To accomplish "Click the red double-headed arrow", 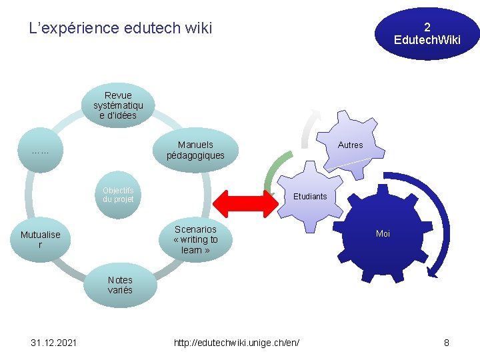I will coord(244,203).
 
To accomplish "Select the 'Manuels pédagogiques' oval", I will coord(195,150).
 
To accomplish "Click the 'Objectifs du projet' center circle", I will coord(119,195).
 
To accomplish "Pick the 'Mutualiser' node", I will coord(40,239).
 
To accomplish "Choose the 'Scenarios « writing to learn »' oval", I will coord(195,239).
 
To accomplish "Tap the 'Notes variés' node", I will coord(120,285).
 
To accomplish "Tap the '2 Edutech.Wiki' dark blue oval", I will coord(427,33).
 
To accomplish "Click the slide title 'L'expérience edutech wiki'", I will coord(121,28).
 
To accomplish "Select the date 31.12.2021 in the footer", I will coord(54,343).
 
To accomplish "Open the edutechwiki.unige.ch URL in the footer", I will coord(237,343).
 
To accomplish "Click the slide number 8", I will coord(446,343).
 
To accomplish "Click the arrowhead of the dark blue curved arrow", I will coord(433,270).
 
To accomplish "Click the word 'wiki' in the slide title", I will coord(199,28).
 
